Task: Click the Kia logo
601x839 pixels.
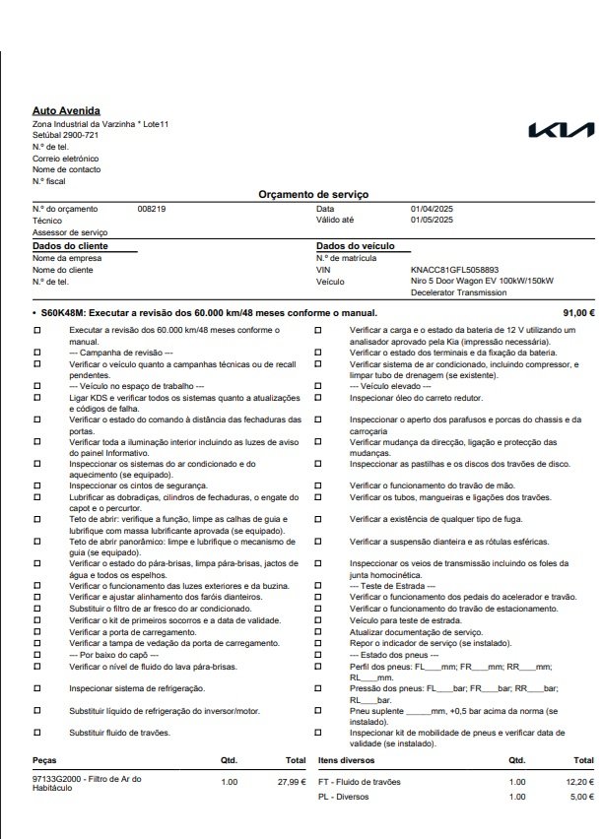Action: tap(562, 131)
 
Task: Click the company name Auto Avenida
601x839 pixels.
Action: tap(66, 111)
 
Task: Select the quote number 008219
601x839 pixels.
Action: tap(152, 209)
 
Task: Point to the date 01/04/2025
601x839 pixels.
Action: tap(432, 209)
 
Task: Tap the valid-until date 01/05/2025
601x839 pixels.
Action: tap(432, 220)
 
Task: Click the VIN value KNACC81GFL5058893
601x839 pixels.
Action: tap(455, 269)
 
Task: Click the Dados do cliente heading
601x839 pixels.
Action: tap(70, 245)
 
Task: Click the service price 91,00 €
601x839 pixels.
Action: tap(578, 313)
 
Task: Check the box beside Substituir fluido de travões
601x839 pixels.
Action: tap(37, 733)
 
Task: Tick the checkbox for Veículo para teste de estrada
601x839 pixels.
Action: tap(316, 621)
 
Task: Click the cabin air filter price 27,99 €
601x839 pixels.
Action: tap(292, 781)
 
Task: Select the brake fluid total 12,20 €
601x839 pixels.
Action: tap(578, 781)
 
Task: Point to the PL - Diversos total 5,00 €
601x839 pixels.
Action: tap(581, 797)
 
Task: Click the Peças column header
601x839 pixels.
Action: tap(45, 761)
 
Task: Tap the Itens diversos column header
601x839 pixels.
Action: tap(349, 761)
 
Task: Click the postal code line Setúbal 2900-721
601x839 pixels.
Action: tap(65, 135)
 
